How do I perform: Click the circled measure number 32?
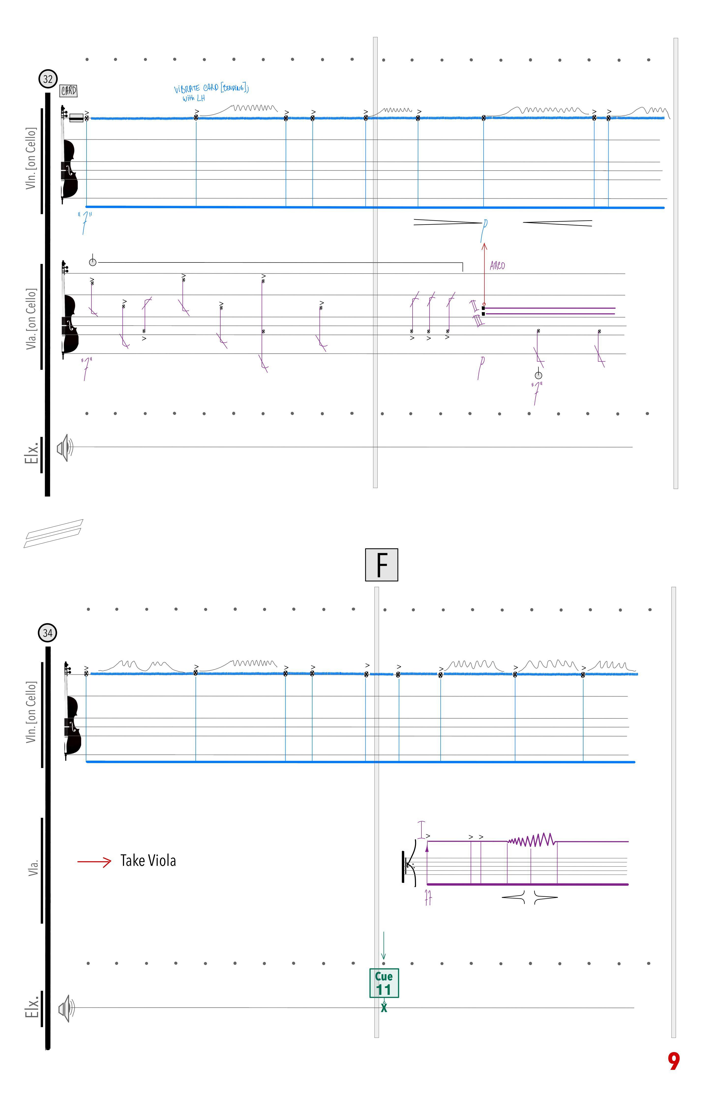[x=48, y=79]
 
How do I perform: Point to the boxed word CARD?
[x=69, y=91]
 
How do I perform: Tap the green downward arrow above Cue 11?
[x=383, y=945]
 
